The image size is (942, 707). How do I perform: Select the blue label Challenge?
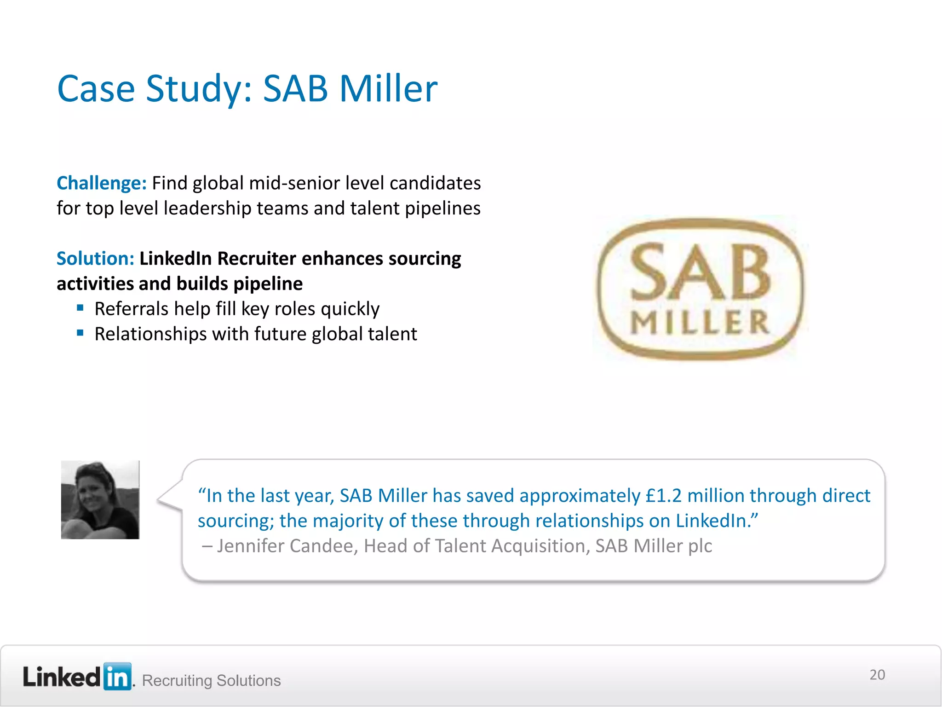click(x=101, y=183)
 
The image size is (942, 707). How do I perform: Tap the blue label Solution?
click(x=95, y=259)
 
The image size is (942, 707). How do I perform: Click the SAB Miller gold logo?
click(x=700, y=289)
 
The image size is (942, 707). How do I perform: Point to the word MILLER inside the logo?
click(x=700, y=322)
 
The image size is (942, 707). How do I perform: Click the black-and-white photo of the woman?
click(x=100, y=500)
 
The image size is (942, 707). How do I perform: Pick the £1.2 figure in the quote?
click(x=663, y=496)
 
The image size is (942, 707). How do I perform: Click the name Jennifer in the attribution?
click(x=250, y=546)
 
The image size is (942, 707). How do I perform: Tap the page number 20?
click(x=877, y=675)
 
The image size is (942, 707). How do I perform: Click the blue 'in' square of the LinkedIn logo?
click(x=117, y=677)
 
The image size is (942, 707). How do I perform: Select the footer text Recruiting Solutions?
click(x=211, y=680)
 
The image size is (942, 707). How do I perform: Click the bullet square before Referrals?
click(x=80, y=307)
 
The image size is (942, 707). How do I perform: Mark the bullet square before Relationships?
click(x=80, y=333)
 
